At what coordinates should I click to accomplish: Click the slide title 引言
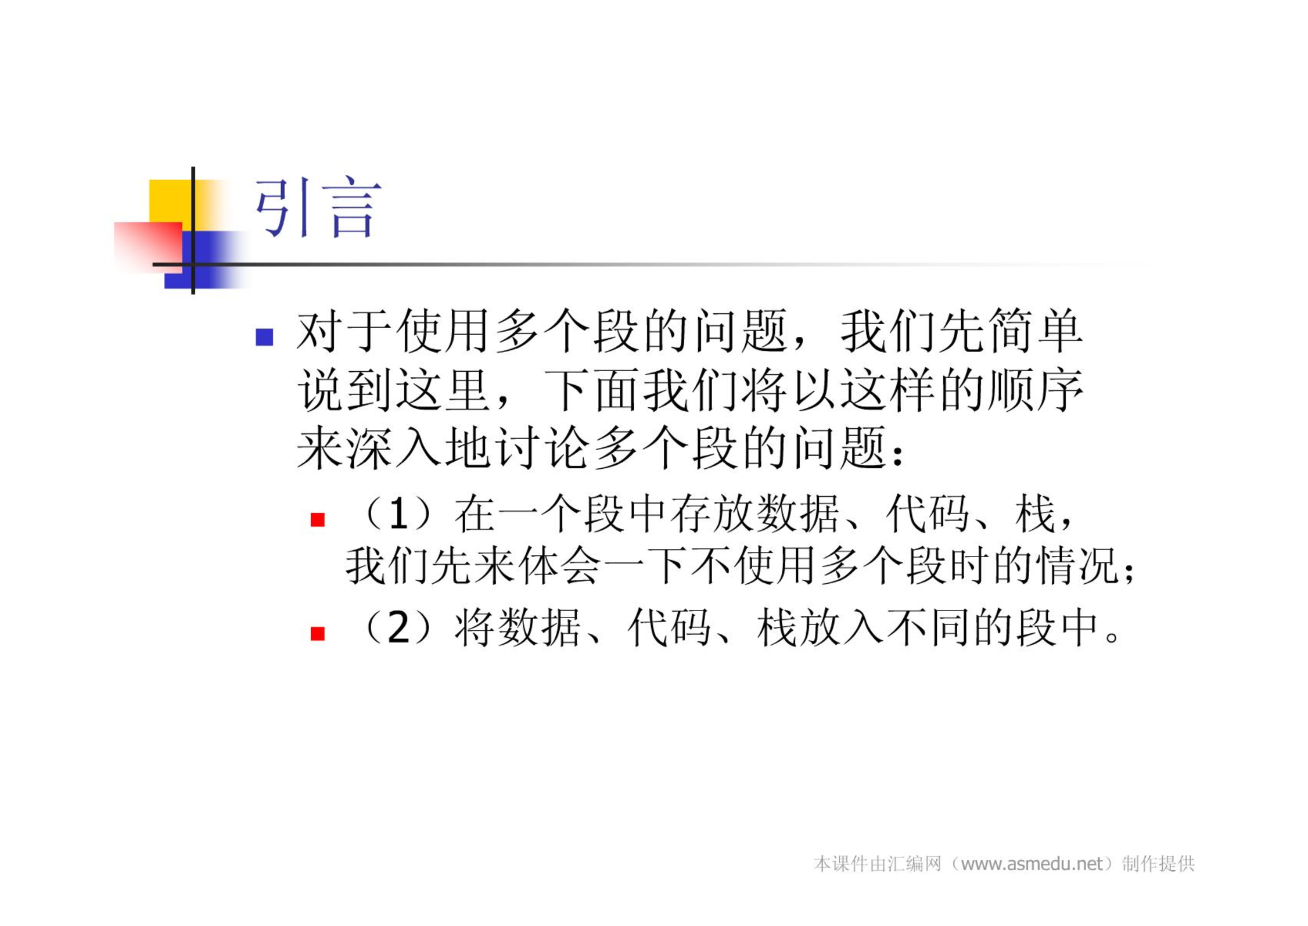[318, 208]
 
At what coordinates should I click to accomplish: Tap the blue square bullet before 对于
[264, 337]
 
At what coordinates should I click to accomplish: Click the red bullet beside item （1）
[318, 519]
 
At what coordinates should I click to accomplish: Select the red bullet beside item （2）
[318, 633]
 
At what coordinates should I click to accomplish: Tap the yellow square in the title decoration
[171, 201]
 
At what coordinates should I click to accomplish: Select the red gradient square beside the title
[148, 247]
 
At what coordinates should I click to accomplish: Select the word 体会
[560, 565]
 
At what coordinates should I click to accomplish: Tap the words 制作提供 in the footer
[1158, 864]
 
